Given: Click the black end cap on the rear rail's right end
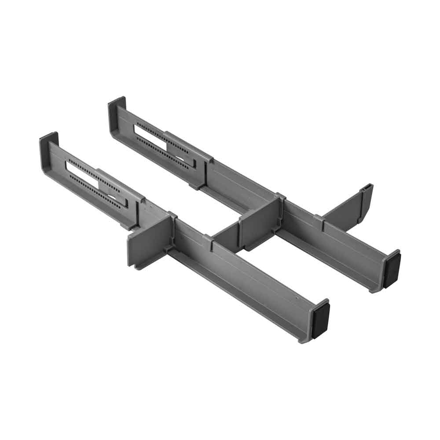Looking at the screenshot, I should pos(392,269).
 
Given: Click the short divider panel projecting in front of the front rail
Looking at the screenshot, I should pos(147,242).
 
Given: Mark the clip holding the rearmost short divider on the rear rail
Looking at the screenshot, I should pos(320,223).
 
